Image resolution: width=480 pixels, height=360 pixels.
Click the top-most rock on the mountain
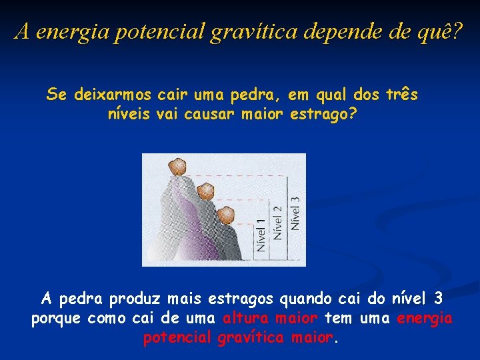177,166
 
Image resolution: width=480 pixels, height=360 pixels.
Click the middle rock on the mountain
205,191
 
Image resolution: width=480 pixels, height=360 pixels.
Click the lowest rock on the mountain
226,215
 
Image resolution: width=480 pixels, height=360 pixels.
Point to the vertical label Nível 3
295,212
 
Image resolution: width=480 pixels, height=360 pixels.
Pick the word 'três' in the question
402,95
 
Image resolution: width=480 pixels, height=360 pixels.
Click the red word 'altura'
244,318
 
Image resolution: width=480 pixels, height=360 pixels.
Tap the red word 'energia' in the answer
425,318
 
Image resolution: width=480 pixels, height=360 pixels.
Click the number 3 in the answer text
437,297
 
